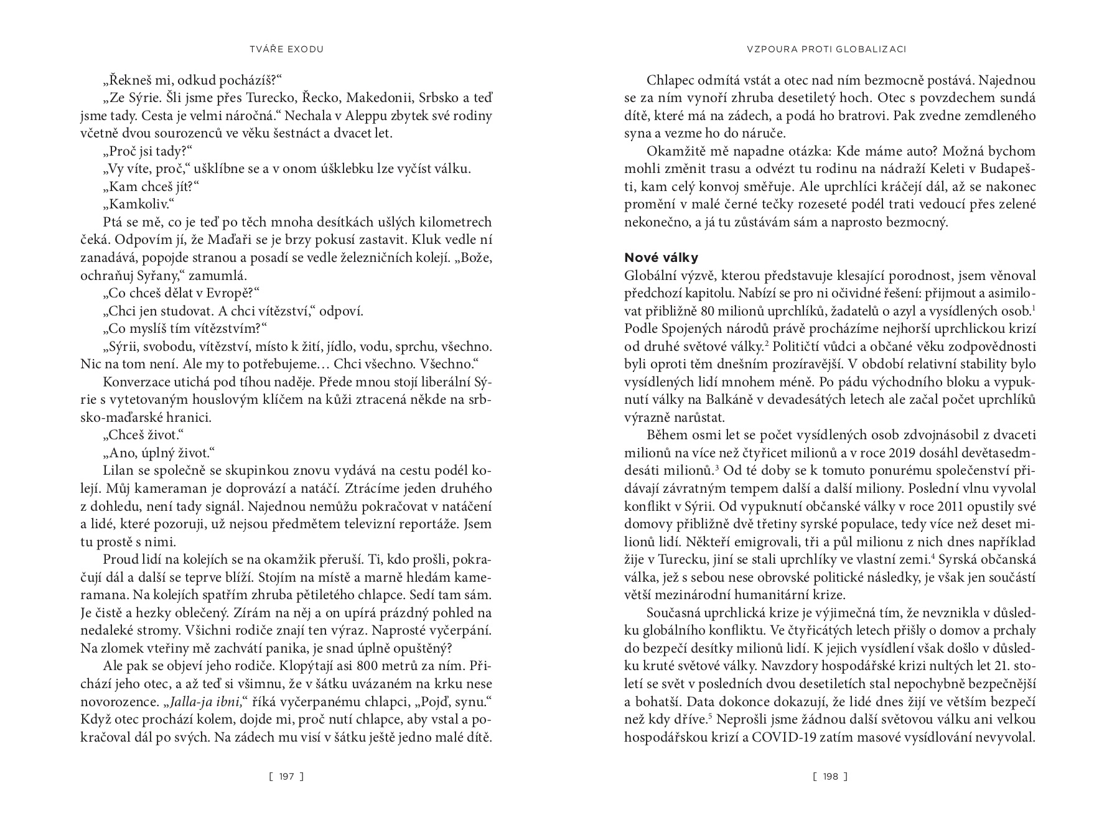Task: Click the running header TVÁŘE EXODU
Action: [x=286, y=49]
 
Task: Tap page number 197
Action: [x=286, y=776]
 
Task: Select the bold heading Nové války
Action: [x=661, y=258]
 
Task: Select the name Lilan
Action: [x=117, y=470]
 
